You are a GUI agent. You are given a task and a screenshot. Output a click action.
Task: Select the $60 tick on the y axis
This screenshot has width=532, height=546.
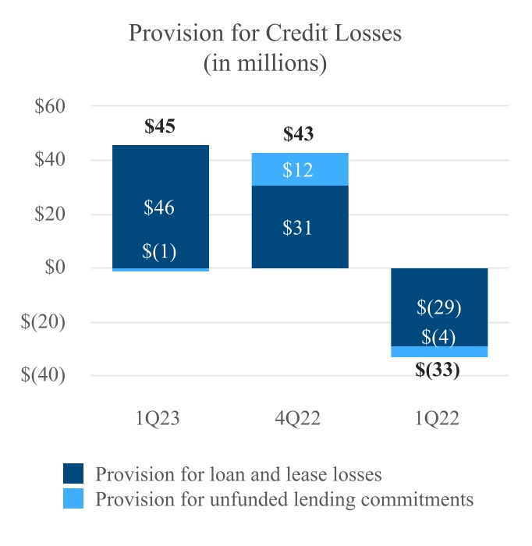click(x=52, y=107)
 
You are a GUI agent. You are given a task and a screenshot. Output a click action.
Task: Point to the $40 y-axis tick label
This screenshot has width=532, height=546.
click(x=52, y=161)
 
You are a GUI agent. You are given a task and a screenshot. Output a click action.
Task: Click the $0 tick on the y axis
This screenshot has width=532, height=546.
click(x=58, y=268)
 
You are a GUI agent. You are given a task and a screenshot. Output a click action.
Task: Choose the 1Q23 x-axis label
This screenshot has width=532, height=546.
click(x=161, y=419)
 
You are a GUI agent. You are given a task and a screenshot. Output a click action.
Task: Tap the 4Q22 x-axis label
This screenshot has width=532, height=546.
click(x=299, y=419)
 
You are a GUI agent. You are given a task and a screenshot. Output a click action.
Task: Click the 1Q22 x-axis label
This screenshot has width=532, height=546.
click(x=438, y=419)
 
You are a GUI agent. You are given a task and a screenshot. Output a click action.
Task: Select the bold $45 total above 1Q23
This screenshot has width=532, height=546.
click(x=160, y=126)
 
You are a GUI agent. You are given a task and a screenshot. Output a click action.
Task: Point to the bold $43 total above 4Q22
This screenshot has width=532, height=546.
click(x=299, y=134)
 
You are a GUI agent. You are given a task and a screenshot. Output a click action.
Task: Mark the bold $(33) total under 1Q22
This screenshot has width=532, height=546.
click(x=438, y=370)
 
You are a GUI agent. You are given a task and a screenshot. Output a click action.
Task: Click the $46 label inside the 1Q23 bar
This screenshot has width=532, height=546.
click(x=160, y=207)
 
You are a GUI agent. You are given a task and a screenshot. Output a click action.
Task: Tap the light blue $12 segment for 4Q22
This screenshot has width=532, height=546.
click(x=299, y=169)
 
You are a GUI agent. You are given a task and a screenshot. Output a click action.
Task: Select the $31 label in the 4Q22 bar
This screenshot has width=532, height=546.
click(x=299, y=228)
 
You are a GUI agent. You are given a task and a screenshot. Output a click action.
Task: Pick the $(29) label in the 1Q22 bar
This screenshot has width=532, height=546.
click(x=438, y=307)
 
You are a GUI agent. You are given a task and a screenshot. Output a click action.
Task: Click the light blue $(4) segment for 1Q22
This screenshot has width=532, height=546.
click(x=438, y=352)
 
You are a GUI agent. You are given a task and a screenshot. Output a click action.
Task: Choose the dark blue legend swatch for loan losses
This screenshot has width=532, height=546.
click(x=74, y=474)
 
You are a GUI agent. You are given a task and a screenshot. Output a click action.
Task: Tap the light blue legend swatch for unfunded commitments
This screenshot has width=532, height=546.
click(x=74, y=498)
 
